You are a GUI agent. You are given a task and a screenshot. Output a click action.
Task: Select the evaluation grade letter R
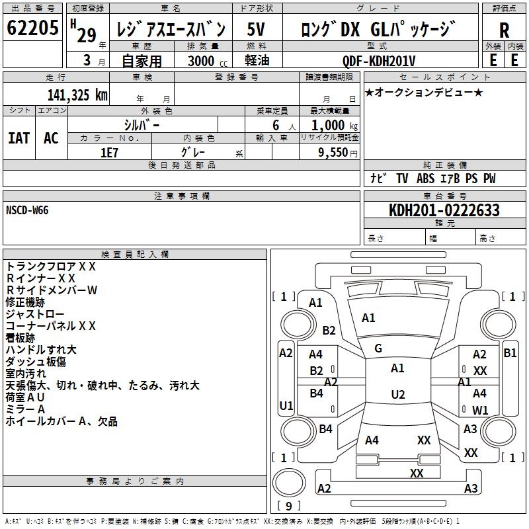(504, 31)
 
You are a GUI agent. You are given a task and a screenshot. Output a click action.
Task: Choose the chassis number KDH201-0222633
(444, 211)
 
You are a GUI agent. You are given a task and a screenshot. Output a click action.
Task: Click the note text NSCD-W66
(27, 210)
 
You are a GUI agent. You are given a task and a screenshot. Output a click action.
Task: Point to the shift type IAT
(19, 138)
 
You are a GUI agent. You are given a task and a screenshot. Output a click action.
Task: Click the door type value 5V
(257, 30)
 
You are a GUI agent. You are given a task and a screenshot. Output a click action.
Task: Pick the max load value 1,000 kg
(334, 125)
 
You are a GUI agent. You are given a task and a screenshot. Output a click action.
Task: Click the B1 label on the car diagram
(510, 353)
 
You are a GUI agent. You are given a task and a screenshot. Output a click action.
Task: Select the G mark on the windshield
(378, 348)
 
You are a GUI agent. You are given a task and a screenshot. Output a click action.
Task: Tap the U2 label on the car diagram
(397, 395)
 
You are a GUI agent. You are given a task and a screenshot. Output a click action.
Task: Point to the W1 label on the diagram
(480, 410)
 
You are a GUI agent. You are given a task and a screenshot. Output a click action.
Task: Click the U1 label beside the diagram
(286, 405)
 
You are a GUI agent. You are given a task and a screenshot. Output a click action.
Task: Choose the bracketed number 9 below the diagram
(289, 507)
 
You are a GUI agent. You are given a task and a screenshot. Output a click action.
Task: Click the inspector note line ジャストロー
(35, 313)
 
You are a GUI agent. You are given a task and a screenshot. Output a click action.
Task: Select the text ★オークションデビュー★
(424, 92)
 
